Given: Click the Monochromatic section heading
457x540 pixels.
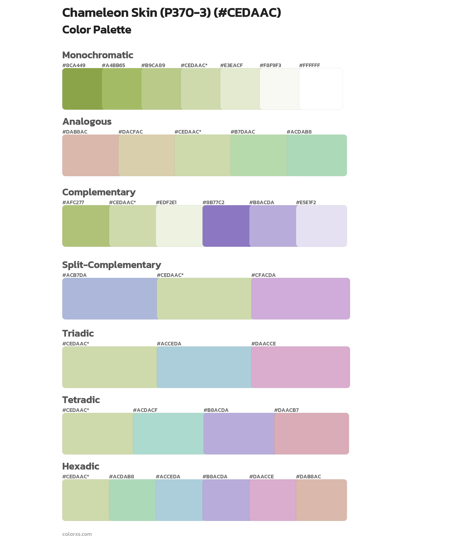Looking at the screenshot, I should [98, 55].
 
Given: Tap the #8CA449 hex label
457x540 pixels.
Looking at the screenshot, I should [74, 65].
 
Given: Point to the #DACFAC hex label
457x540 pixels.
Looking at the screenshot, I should [131, 132].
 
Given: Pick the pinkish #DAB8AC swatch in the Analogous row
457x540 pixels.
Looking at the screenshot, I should [90, 155].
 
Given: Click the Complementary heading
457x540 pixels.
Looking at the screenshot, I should [99, 192].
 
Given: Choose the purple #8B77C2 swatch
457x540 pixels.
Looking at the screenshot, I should [226, 226].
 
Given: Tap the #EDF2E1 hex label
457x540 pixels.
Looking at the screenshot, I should [166, 202].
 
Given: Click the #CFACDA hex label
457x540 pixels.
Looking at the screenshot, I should [263, 275].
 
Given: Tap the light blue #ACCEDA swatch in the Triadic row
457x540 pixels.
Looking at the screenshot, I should [204, 367].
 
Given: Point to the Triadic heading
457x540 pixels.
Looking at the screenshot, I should [78, 333].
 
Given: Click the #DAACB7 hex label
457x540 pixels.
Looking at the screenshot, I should [286, 410].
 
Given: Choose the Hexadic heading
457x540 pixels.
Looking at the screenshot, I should [81, 466].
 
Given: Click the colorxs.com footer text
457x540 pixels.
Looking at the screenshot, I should [77, 534].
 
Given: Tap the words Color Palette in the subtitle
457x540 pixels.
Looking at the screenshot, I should [97, 30].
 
